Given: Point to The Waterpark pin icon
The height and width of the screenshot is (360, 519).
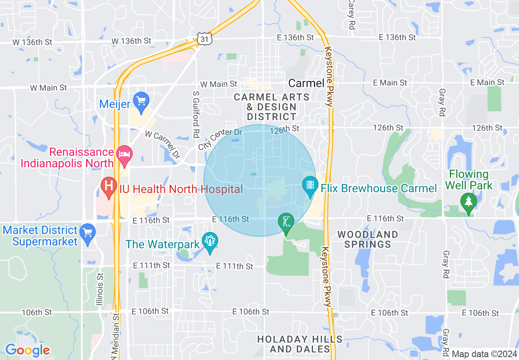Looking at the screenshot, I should tap(210, 241).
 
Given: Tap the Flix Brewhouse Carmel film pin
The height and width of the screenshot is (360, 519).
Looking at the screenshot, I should tap(310, 185).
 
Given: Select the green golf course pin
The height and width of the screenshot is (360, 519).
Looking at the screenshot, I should tap(286, 223).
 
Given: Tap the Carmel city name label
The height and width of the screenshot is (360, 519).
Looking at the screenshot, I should tap(306, 83).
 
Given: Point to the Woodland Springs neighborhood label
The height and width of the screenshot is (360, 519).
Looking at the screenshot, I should tap(368, 239).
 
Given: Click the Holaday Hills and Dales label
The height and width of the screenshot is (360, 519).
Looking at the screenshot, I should tap(300, 344).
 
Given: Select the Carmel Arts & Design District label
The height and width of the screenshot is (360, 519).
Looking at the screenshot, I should tap(272, 107).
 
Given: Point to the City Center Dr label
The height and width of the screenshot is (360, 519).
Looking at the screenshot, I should tap(220, 139).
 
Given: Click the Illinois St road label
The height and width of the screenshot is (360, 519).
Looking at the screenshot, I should tap(99, 290).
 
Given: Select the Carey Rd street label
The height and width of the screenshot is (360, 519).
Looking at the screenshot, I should tap(351, 14).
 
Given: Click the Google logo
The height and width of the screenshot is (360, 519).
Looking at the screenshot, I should tap(27, 351).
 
